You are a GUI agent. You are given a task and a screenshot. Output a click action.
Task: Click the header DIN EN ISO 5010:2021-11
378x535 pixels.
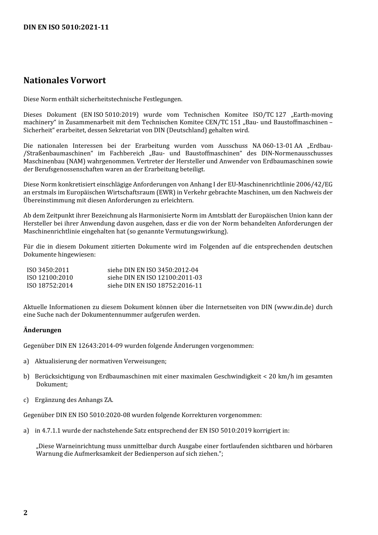[x=66, y=27]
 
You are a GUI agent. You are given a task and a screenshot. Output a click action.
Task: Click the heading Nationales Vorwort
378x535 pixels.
[x=64, y=80]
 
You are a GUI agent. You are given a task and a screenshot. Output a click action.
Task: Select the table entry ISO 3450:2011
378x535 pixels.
[x=48, y=270]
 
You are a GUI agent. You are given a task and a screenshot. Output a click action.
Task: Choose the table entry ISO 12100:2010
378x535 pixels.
[x=50, y=278]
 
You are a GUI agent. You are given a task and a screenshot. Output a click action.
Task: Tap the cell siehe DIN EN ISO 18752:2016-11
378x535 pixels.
[x=155, y=285]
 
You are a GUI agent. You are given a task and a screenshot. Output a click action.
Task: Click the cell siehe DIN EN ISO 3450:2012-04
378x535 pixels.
[x=153, y=270]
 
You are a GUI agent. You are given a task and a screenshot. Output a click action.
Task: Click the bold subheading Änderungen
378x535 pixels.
[x=42, y=330]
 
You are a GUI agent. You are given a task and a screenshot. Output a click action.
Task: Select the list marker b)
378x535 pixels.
[x=26, y=376]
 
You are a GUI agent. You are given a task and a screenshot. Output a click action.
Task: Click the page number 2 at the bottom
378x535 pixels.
[x=25, y=513]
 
